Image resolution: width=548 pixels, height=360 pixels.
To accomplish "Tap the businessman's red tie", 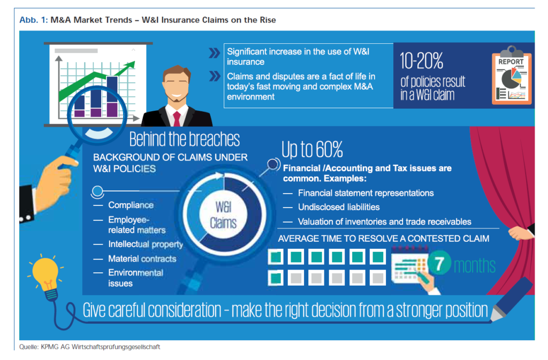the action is pyautogui.click(x=177, y=119).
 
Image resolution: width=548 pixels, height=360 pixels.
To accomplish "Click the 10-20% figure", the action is pyautogui.click(x=422, y=61).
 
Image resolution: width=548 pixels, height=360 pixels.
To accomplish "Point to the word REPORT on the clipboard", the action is pyautogui.click(x=511, y=62).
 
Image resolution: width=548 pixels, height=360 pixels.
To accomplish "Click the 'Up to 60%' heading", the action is pyautogui.click(x=312, y=149).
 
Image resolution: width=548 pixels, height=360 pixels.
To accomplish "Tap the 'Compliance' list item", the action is pyautogui.click(x=131, y=205).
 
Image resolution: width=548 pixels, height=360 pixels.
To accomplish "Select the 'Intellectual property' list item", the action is pyautogui.click(x=146, y=244).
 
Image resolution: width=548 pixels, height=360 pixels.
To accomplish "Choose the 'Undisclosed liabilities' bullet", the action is pyautogui.click(x=339, y=207).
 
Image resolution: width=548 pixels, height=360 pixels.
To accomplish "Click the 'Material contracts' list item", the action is pyautogui.click(x=142, y=259).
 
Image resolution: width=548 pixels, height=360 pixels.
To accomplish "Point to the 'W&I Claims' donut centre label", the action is pyautogui.click(x=223, y=215).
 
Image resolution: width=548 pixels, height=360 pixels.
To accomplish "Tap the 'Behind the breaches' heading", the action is pyautogui.click(x=185, y=139).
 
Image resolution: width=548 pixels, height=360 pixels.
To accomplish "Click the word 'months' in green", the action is pyautogui.click(x=475, y=266).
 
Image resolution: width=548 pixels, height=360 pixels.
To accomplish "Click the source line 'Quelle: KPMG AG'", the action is pyautogui.click(x=89, y=347).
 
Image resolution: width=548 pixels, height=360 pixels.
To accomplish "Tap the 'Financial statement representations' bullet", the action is pyautogui.click(x=366, y=193).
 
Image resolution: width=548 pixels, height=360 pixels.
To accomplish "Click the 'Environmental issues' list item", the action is pyautogui.click(x=135, y=278).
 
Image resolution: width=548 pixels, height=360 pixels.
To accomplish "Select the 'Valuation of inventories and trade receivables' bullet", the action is pyautogui.click(x=384, y=222).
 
